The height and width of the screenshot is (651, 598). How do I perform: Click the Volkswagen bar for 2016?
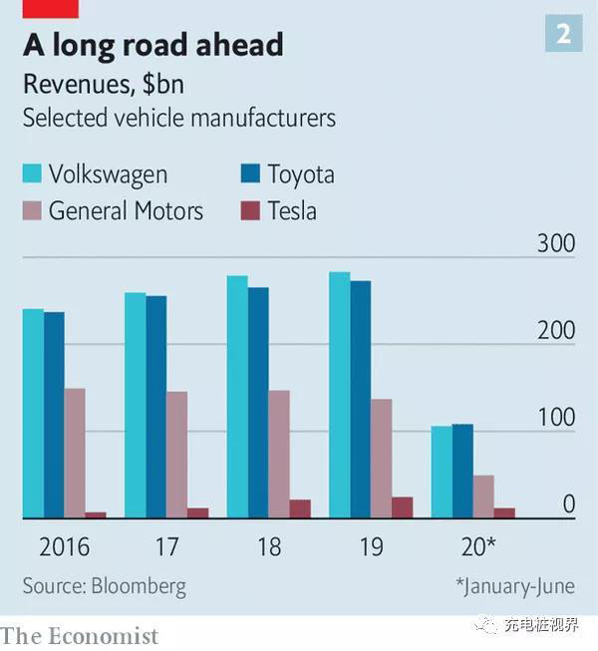(x=33, y=413)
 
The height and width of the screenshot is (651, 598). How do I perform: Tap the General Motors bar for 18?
(x=278, y=454)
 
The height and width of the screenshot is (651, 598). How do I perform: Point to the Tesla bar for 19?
(x=402, y=507)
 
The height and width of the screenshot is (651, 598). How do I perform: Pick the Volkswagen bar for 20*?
(x=442, y=472)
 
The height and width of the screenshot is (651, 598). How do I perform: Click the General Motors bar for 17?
(x=176, y=455)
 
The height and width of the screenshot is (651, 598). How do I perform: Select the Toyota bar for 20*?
(x=462, y=471)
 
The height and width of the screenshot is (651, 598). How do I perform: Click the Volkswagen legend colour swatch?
(x=33, y=175)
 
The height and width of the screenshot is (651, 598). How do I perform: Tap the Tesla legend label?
(x=291, y=210)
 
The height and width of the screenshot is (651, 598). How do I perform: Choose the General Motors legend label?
(x=126, y=210)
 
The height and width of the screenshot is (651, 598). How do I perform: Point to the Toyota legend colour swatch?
(x=251, y=175)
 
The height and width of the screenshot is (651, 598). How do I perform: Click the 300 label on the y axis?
(x=556, y=243)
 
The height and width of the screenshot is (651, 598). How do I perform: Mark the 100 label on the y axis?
(x=556, y=418)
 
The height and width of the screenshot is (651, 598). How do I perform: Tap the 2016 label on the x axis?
(x=64, y=547)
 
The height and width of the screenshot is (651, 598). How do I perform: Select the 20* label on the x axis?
(x=475, y=547)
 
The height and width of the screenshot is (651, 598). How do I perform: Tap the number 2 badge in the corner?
(x=563, y=35)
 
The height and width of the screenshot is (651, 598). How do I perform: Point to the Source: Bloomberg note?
(x=104, y=585)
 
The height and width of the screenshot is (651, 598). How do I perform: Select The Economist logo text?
(x=80, y=635)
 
